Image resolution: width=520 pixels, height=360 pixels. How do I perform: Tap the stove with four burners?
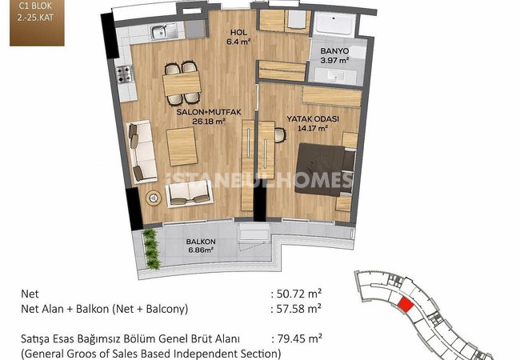click(124, 74)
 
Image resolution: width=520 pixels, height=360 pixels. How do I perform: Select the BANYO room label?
click(334, 51)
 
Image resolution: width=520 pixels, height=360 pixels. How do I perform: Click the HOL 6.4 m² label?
click(238, 37)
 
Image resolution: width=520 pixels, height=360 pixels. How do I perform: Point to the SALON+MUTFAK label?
click(209, 112)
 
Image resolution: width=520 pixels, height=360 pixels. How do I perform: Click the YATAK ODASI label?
click(313, 119)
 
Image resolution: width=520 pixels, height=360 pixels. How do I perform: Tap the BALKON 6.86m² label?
click(201, 246)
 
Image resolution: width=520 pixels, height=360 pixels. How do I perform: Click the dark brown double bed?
click(325, 170)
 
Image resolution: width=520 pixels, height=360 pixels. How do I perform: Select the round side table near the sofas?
click(154, 198)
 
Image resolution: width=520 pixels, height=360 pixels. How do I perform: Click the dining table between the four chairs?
click(182, 83)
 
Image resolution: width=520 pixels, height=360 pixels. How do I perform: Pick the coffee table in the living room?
click(182, 146)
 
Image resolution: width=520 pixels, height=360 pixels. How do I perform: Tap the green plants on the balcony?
click(152, 250)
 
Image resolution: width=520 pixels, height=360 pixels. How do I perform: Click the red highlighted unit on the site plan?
click(405, 304)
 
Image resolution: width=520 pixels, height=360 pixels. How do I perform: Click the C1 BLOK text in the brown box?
click(35, 6)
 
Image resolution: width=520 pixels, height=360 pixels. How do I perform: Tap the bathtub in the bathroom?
click(334, 23)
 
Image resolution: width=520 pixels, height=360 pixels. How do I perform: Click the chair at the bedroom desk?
click(280, 135)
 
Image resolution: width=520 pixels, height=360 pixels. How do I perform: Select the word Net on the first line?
click(30, 294)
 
